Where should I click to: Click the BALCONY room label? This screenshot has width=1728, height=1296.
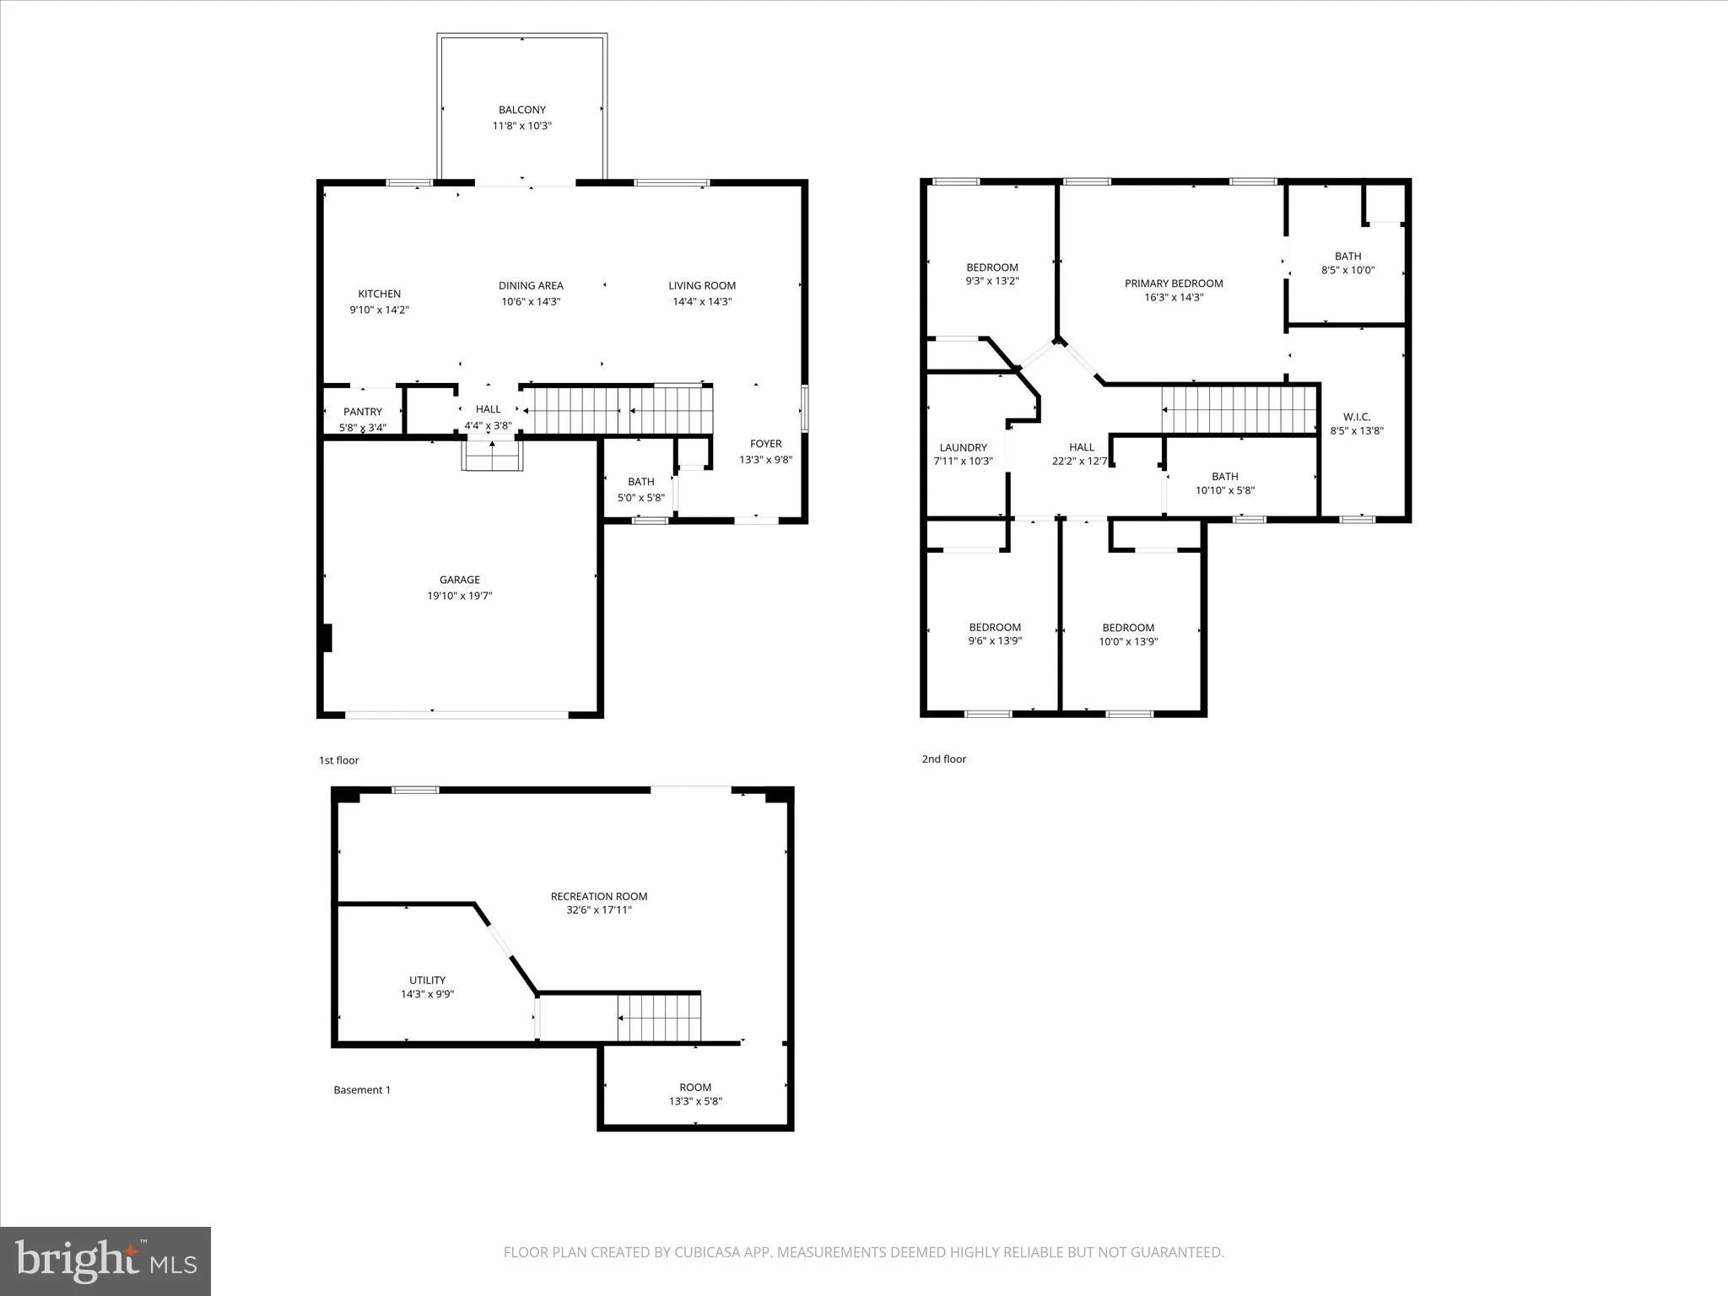click(522, 110)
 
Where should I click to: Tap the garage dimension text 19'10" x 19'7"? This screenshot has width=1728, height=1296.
click(460, 596)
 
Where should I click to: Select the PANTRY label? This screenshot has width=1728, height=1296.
click(363, 412)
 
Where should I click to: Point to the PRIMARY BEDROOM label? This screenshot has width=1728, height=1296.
click(1174, 283)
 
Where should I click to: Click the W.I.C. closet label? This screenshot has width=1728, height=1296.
click(1357, 417)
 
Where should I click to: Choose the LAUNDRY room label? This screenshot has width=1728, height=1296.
click(963, 448)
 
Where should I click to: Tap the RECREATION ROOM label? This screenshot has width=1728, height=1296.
click(599, 896)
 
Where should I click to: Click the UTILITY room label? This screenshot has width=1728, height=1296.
click(427, 980)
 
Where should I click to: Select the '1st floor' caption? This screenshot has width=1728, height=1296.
click(338, 760)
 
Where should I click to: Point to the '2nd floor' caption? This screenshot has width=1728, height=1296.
click(944, 759)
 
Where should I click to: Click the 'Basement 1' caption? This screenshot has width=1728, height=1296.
click(362, 1090)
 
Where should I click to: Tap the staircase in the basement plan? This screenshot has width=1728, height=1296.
click(659, 1018)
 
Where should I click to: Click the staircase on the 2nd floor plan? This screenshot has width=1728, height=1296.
click(1239, 410)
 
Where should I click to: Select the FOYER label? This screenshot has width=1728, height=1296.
click(766, 444)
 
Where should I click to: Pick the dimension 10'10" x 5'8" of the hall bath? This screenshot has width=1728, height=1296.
click(1225, 490)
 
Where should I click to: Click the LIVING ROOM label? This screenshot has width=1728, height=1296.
click(702, 286)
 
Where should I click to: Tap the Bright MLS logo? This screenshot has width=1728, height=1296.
click(105, 1262)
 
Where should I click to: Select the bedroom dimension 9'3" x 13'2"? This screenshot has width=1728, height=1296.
click(992, 281)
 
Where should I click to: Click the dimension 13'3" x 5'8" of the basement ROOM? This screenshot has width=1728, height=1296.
click(695, 1101)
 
